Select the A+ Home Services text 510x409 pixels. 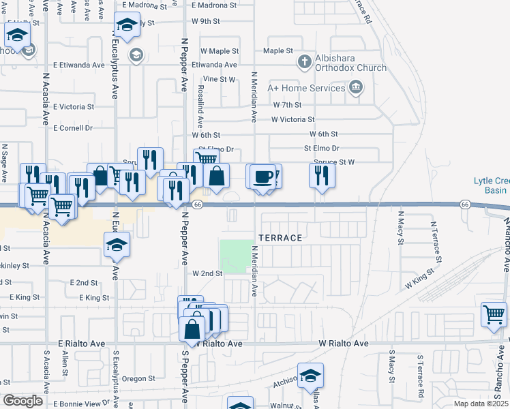click(x=306, y=88)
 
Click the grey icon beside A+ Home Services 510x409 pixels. click(x=355, y=87)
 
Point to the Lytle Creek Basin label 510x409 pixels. click(x=492, y=185)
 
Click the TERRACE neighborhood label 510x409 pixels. click(x=280, y=238)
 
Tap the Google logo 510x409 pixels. click(x=22, y=401)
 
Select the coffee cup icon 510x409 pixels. click(x=262, y=177)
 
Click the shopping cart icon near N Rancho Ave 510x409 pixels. click(x=494, y=315)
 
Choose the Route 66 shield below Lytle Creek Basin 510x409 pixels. click(x=464, y=204)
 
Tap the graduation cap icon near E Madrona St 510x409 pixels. click(x=126, y=26)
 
